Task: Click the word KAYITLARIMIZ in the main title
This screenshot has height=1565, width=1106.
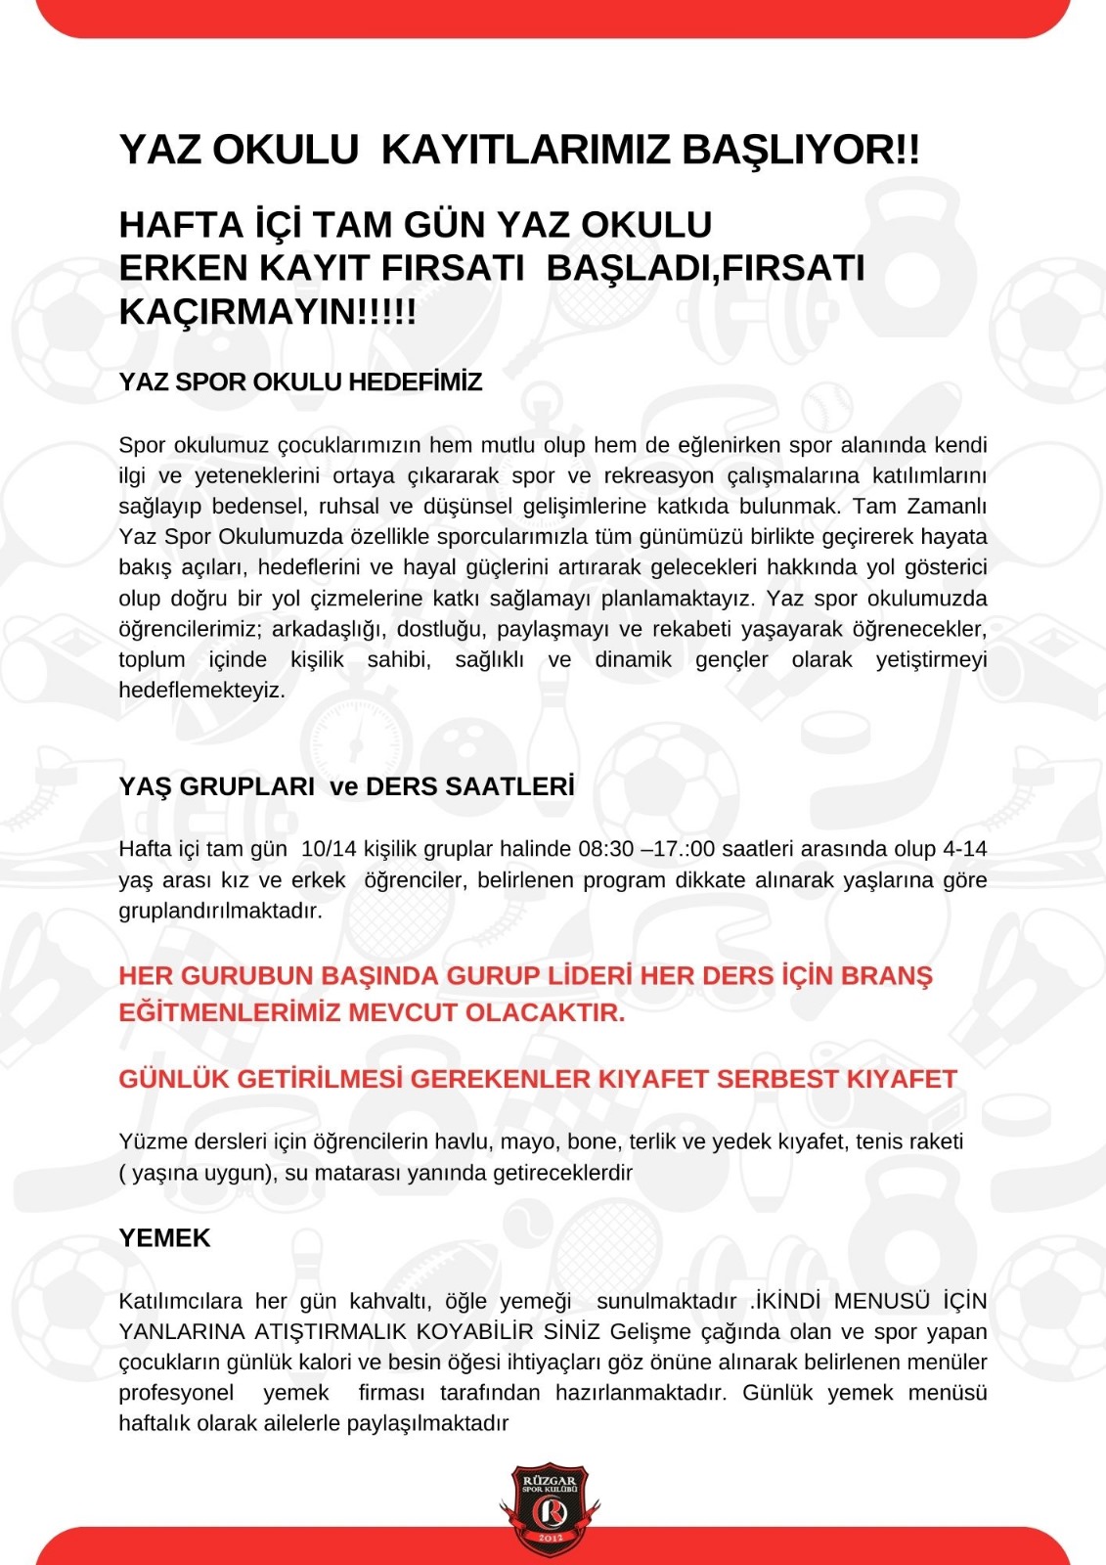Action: click(525, 150)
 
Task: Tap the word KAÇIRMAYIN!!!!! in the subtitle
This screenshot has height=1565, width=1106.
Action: click(267, 312)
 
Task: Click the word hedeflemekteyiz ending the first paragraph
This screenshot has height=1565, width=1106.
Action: click(201, 690)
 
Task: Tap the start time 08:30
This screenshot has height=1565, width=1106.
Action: click(606, 848)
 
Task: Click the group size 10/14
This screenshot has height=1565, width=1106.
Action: click(330, 848)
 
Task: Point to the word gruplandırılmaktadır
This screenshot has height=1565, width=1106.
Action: click(220, 911)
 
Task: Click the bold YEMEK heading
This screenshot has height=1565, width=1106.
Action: click(164, 1238)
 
